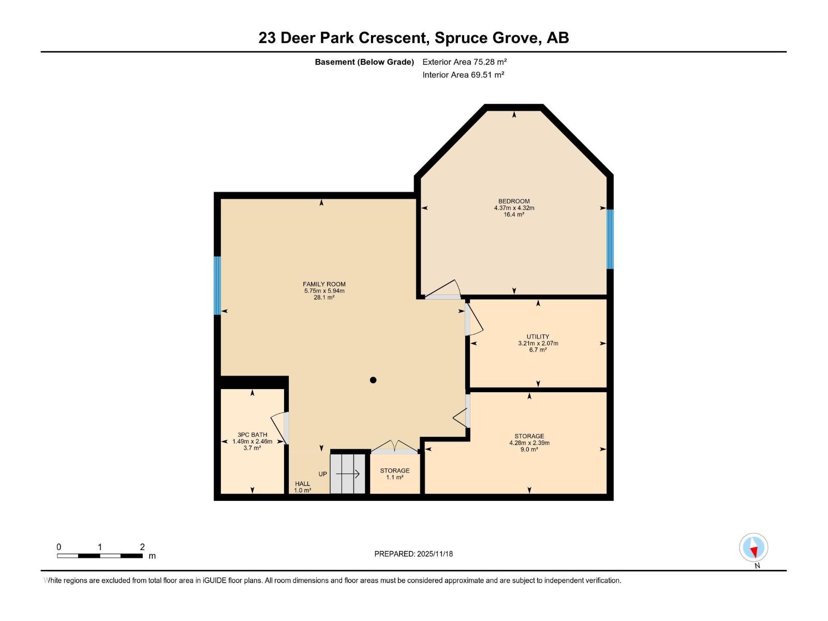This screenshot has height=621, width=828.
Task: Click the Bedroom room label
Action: tap(514, 201)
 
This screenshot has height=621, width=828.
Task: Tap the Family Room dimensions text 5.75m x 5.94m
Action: tap(324, 291)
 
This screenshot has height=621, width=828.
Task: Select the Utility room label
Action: tap(538, 336)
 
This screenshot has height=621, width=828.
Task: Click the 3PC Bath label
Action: tap(252, 435)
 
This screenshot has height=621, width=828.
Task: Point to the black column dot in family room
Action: tap(373, 380)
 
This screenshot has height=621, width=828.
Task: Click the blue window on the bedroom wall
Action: tap(610, 239)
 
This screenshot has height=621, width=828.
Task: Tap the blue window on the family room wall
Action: tap(217, 286)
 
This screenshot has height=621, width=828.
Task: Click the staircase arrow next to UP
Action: tap(348, 474)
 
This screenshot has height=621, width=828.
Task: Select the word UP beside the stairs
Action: tap(322, 474)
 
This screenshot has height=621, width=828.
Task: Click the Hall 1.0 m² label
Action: tap(303, 487)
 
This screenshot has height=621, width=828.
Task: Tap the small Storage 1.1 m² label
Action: tap(395, 474)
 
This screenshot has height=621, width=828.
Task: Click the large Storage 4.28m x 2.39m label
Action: tap(529, 443)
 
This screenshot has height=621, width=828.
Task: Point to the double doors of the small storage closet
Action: tap(395, 447)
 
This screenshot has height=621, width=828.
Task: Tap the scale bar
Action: tap(99, 556)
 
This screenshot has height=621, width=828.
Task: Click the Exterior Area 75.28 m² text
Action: tap(464, 62)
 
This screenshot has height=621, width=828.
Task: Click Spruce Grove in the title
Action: tap(486, 38)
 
